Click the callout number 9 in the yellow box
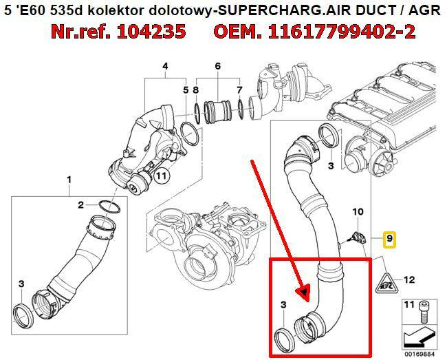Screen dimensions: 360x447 tap(389, 239)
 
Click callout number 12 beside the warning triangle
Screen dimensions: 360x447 tap(409, 279)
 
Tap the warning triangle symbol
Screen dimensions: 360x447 tap(385, 280)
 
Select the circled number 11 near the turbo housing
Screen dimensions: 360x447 tap(160, 176)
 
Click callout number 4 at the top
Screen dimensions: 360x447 tap(165, 66)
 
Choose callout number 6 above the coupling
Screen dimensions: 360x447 tap(217, 66)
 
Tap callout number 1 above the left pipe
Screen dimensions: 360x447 tap(69, 180)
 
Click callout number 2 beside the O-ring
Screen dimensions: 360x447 tap(80, 204)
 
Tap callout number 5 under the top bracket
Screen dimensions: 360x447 tap(185, 89)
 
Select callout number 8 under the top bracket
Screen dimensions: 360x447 tap(195, 89)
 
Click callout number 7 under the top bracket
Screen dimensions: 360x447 tap(239, 89)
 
